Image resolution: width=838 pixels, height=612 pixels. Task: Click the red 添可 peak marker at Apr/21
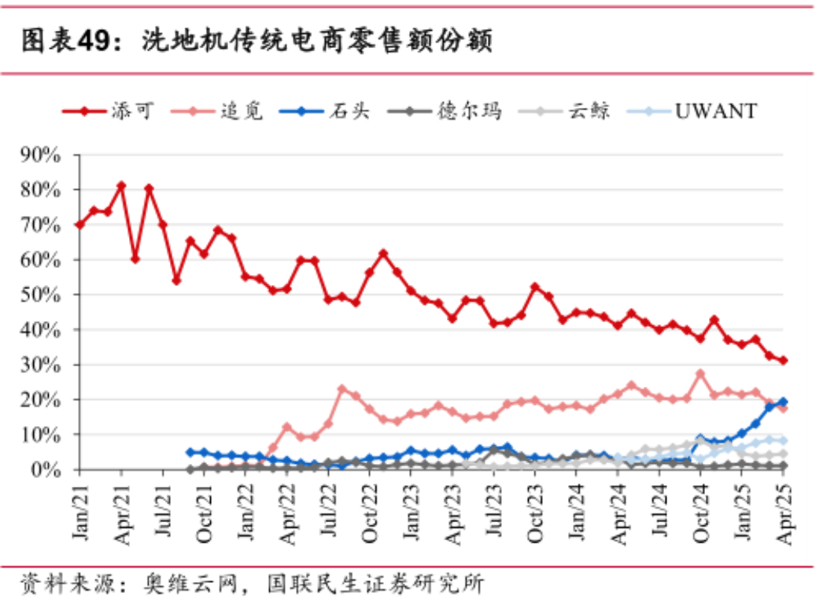(x=121, y=186)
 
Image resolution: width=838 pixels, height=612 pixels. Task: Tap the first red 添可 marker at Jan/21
(x=79, y=224)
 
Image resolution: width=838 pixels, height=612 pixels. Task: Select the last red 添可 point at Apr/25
(x=784, y=361)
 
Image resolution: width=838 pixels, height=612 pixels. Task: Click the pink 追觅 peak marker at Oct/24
(x=700, y=373)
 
